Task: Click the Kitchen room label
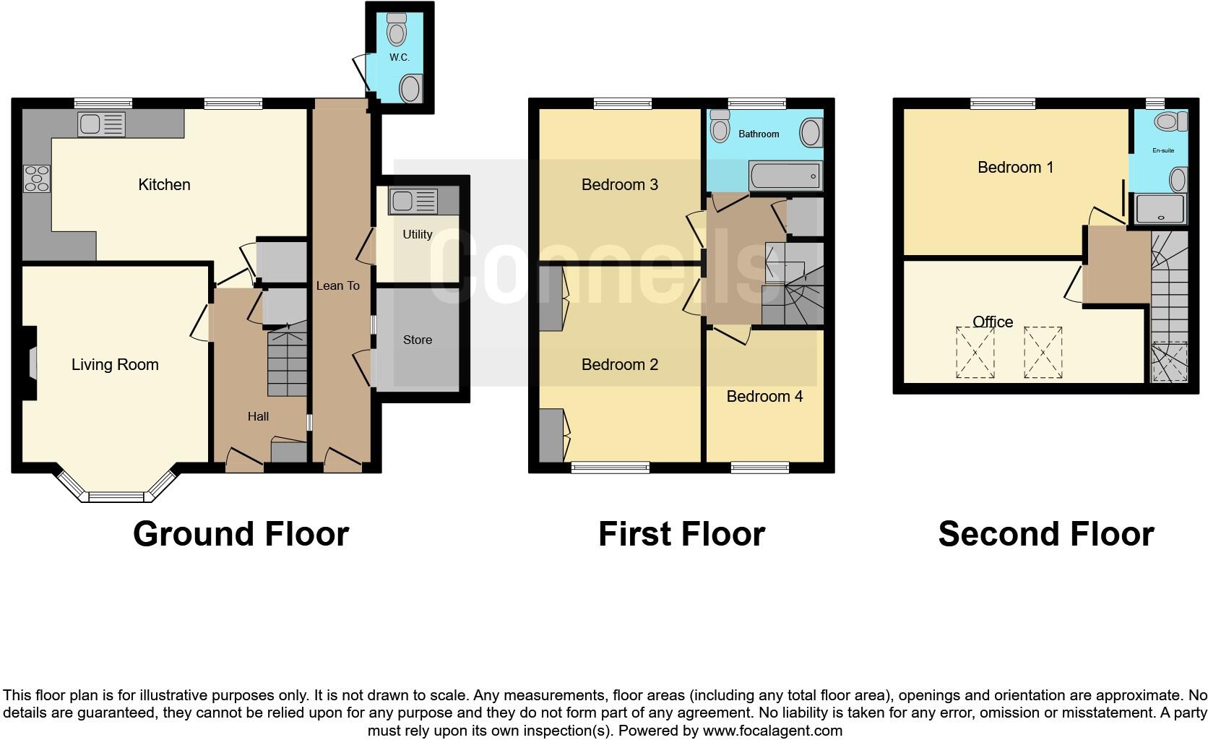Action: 164,185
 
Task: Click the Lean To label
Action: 337,286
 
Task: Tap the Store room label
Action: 418,340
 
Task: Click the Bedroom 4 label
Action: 764,397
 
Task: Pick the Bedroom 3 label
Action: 619,185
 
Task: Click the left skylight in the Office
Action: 975,352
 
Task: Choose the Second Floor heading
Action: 1045,534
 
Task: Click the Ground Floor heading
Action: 241,534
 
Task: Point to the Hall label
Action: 258,416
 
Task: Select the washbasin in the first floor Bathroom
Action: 811,133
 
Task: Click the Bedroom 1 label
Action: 1015,168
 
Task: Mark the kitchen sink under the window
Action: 100,124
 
